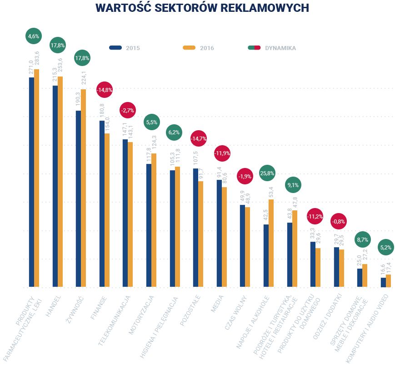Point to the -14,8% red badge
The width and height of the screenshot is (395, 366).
click(105, 90)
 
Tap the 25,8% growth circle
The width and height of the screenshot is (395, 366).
click(267, 173)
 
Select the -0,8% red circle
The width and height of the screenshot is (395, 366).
click(339, 222)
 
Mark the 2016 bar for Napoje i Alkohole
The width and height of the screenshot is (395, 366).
click(271, 243)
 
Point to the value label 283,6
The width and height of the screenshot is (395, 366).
click(37, 58)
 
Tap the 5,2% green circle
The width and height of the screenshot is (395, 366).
click(385, 248)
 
